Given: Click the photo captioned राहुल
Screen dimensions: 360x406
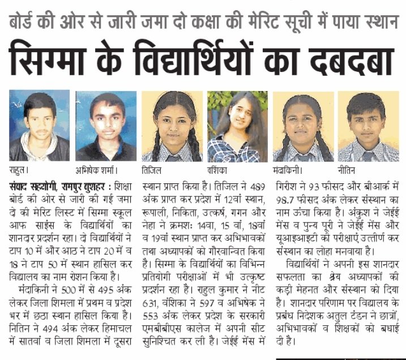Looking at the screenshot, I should point(39,126).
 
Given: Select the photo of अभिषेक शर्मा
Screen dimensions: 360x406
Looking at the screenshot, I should point(106,126).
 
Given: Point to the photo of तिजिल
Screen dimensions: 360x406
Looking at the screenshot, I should point(171,126).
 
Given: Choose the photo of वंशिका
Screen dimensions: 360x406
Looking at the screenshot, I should point(237,126).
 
